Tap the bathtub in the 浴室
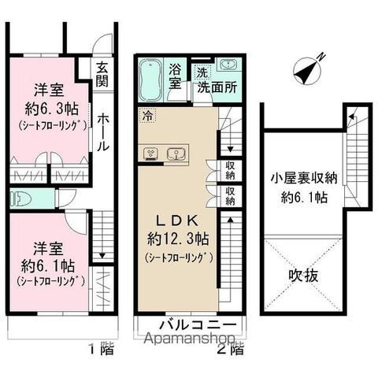pos(152,82)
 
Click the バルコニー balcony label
pos(193,325)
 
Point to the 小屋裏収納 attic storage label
pos(305,177)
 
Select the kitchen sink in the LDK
pos(176,152)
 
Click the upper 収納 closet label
pos(229,166)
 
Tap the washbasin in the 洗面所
pos(228,65)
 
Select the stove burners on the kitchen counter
pos(152,152)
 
